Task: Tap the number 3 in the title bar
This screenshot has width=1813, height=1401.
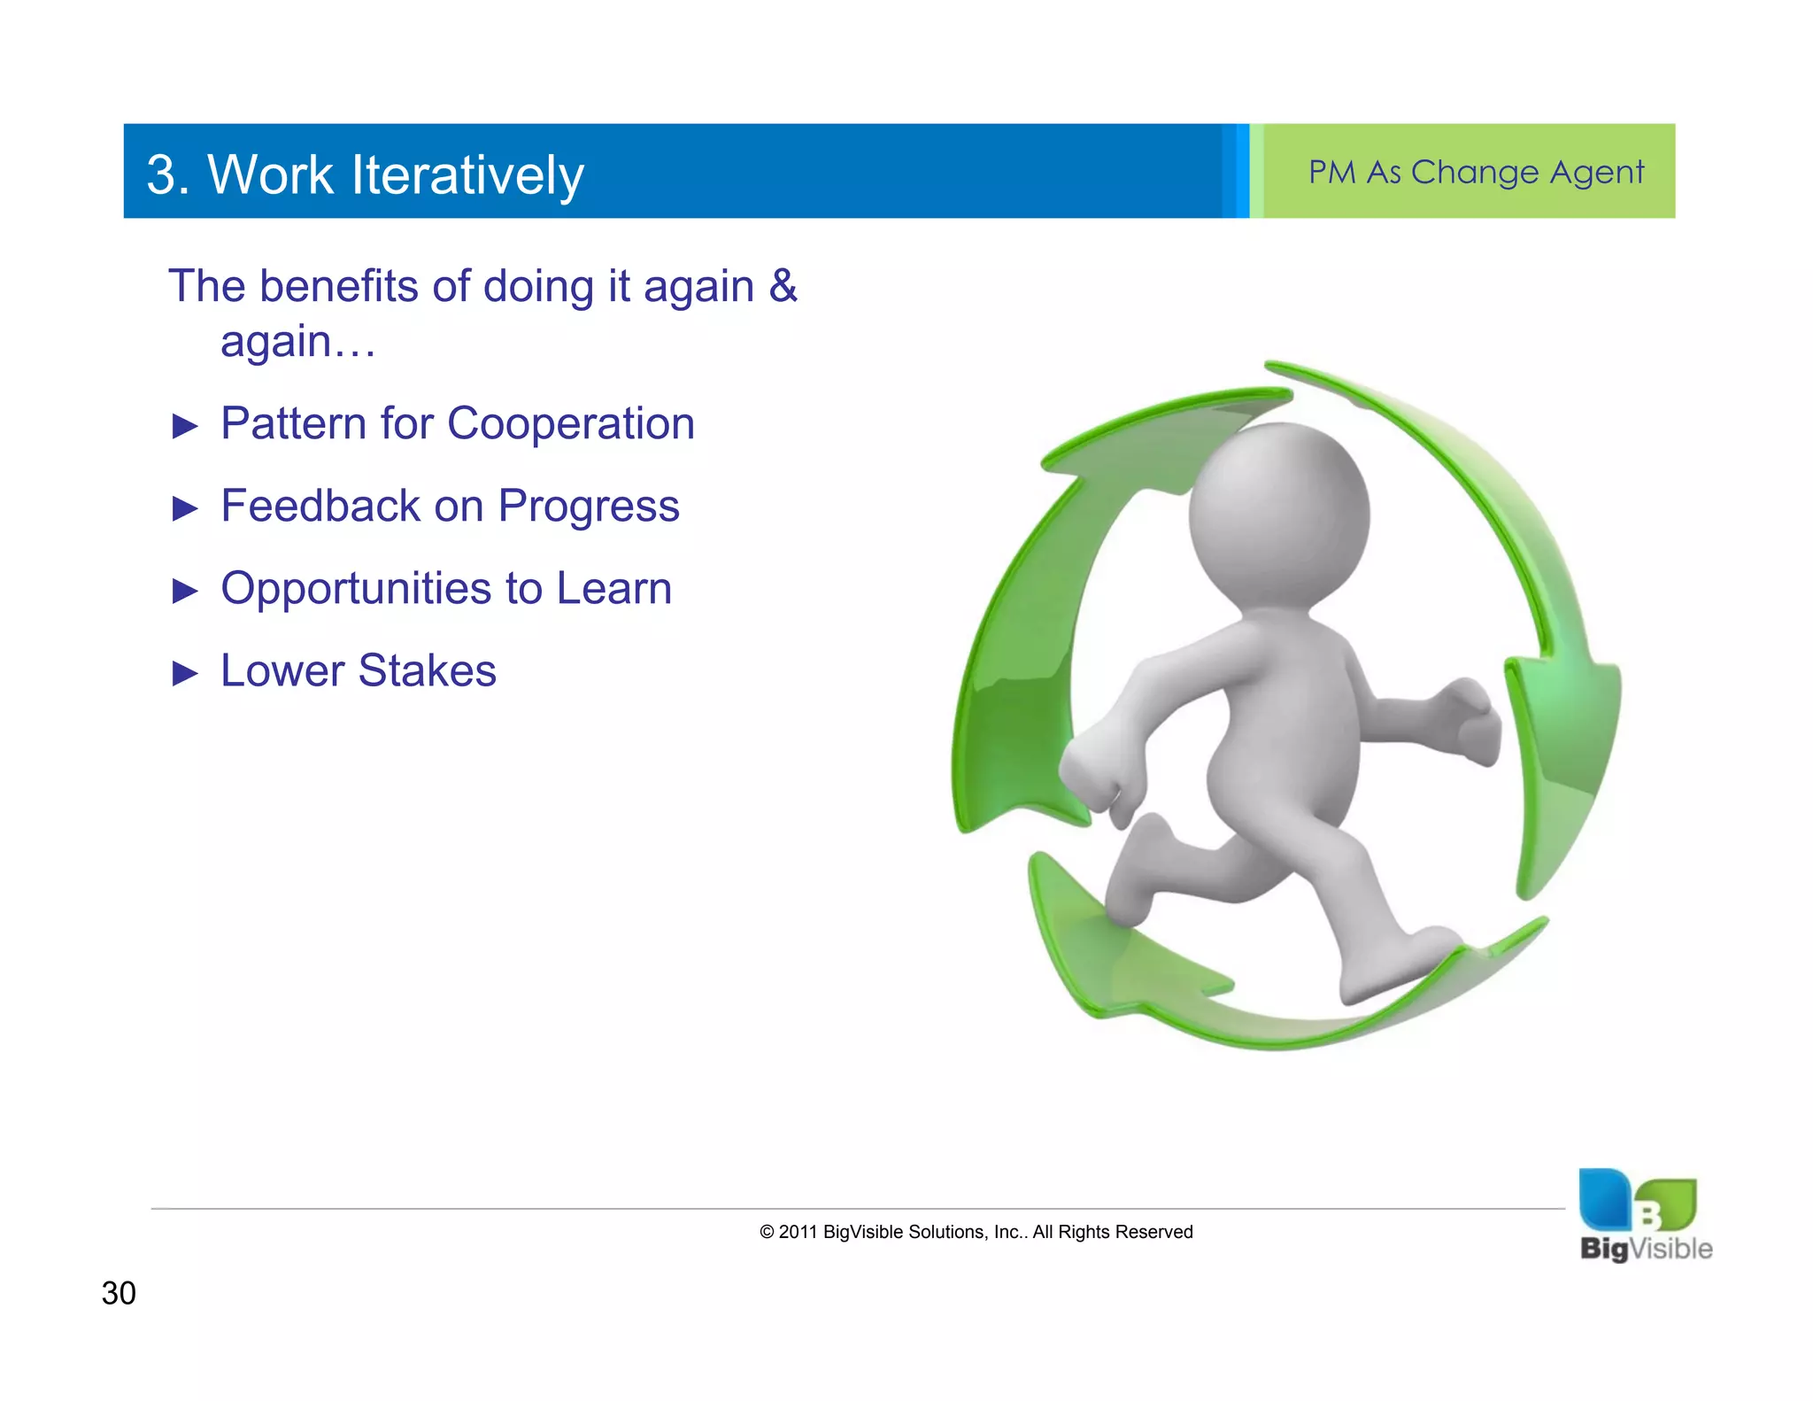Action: [161, 174]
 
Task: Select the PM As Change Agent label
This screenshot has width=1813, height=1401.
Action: [1476, 172]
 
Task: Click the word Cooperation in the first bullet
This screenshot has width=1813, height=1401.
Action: [571, 423]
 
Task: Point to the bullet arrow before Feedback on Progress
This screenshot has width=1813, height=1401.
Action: [185, 508]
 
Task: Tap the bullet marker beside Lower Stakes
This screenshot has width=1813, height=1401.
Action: [185, 673]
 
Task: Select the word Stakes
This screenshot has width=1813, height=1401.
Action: [428, 670]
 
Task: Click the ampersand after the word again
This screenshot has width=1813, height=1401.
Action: [783, 286]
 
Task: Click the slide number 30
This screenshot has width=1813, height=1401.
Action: [119, 1293]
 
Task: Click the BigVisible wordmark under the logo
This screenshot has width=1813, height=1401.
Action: [1646, 1249]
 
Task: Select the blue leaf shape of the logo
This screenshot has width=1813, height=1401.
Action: [1605, 1199]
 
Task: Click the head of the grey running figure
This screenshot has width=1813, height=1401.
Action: [1279, 515]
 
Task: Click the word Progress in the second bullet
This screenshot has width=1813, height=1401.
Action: [589, 507]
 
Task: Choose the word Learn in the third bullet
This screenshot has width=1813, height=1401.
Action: [614, 588]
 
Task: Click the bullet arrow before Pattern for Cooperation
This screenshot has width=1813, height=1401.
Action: [185, 426]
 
